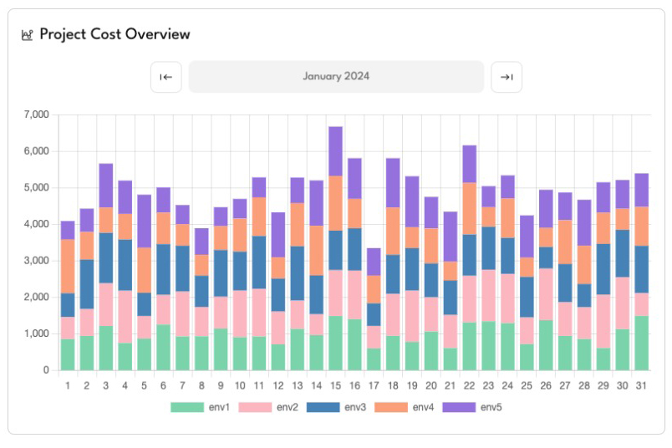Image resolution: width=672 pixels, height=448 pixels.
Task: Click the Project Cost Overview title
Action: click(x=115, y=34)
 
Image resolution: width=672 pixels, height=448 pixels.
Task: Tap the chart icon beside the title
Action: click(x=27, y=35)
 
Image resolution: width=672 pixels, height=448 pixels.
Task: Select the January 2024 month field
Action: click(x=336, y=76)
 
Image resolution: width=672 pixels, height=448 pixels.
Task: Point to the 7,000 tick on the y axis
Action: click(x=38, y=115)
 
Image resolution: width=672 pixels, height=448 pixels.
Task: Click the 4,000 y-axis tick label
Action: click(x=38, y=224)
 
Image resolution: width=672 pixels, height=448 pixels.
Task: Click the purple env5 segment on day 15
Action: click(x=336, y=150)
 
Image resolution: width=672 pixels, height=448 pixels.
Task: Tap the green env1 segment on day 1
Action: click(x=68, y=354)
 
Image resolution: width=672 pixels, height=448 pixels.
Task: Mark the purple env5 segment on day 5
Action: click(x=145, y=221)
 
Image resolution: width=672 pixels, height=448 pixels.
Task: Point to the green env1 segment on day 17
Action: click(x=374, y=359)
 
